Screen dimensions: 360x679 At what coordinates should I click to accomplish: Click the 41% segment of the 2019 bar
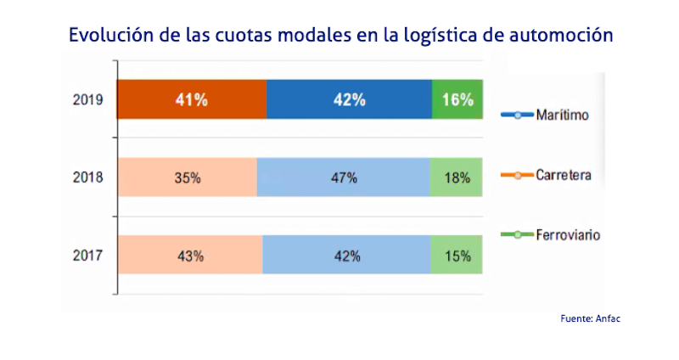point(191,99)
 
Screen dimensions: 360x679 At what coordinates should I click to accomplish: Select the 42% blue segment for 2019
point(349,99)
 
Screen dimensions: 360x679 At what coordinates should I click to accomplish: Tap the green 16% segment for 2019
point(457,99)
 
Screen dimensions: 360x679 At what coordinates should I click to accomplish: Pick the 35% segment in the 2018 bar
point(187,177)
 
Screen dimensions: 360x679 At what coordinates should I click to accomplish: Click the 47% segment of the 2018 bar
point(344,177)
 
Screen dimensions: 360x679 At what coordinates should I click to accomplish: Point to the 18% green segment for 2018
point(457,177)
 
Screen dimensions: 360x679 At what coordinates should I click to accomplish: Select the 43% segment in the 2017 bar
point(189,256)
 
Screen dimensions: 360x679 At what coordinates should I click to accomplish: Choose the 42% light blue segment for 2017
point(346,256)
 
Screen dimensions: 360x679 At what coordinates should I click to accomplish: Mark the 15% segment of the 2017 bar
point(457,256)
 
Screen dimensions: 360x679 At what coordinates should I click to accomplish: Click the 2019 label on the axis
point(89,100)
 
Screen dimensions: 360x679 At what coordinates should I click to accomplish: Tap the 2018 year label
point(89,178)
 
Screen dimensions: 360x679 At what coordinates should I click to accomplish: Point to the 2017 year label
point(89,256)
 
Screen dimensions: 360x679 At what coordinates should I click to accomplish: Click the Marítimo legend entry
point(560,115)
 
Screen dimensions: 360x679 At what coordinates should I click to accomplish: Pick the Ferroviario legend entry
point(567,235)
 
